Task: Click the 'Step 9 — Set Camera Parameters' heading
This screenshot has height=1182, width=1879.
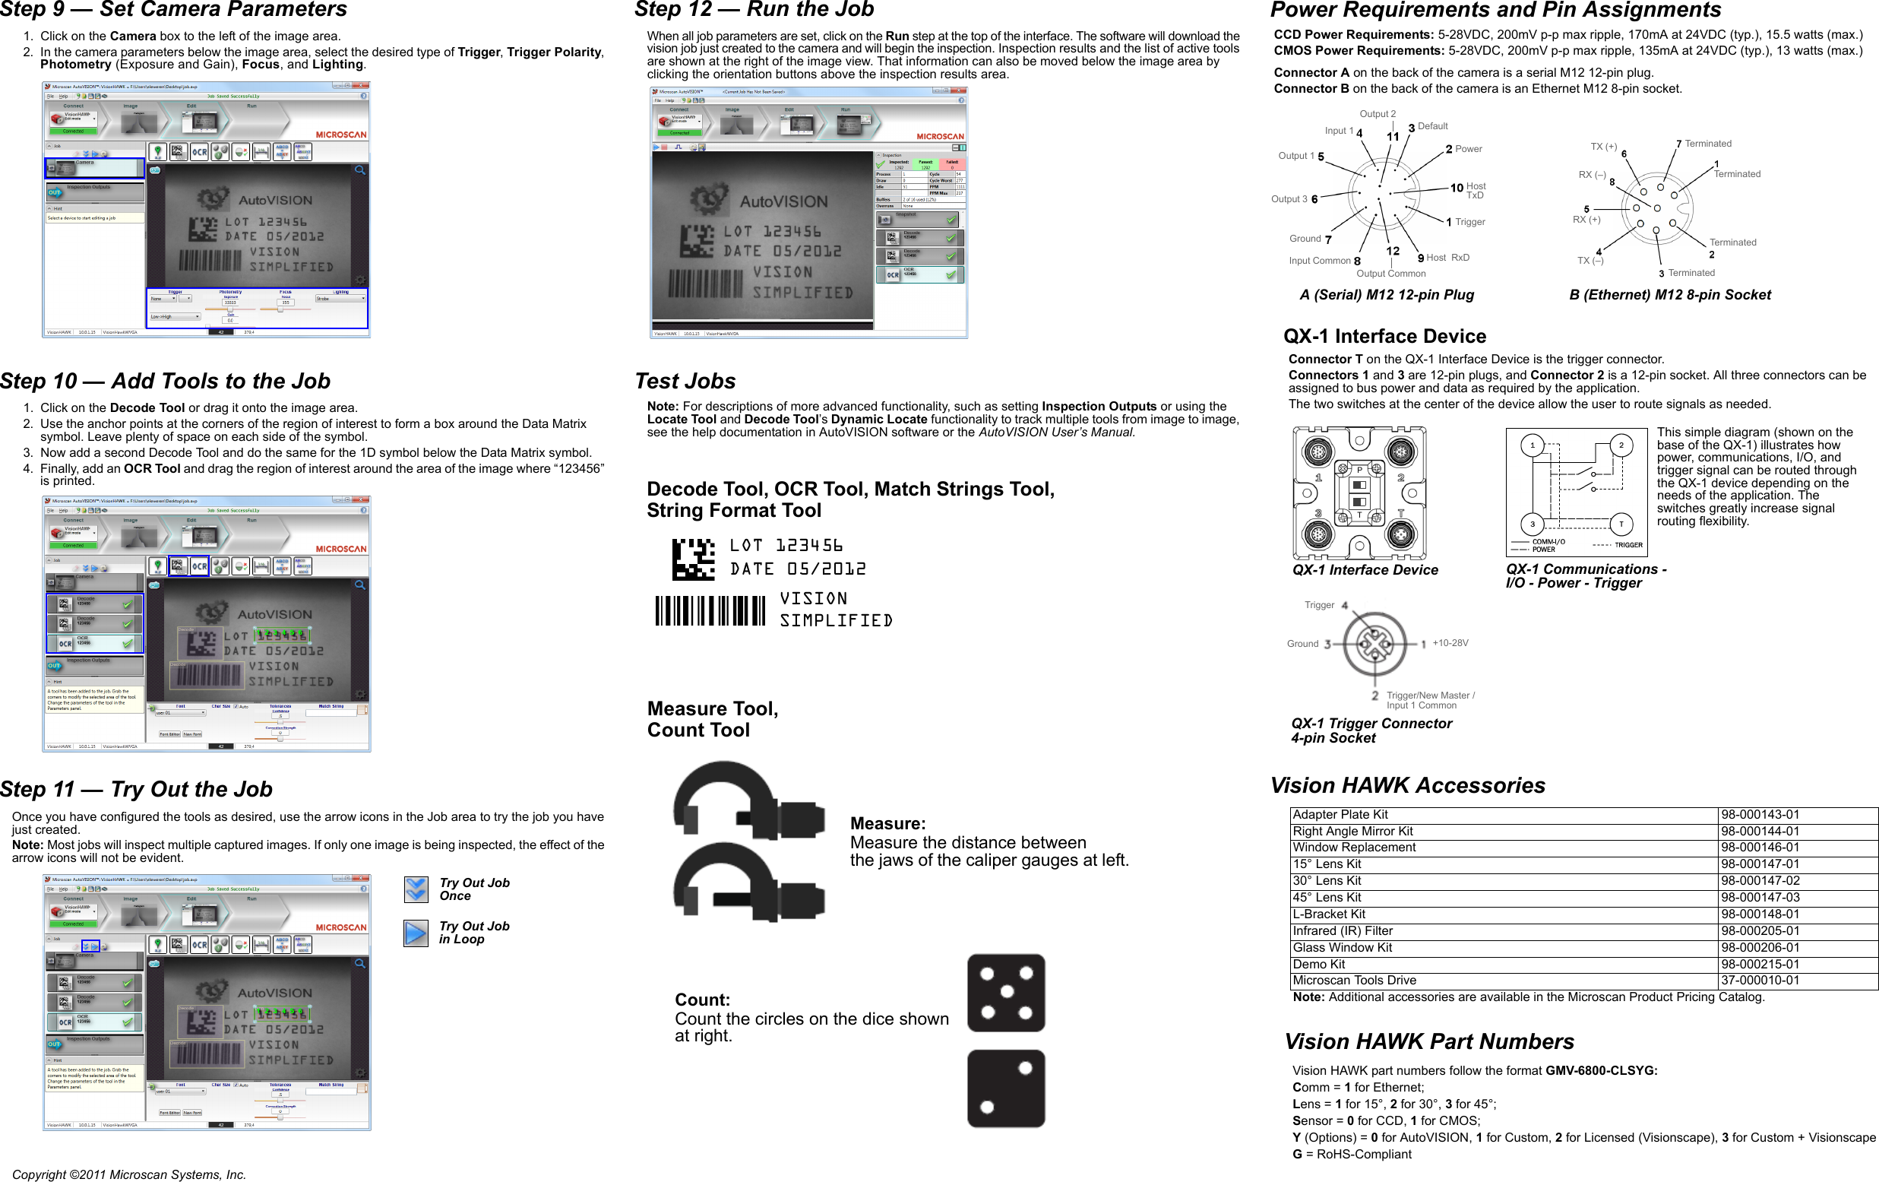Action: [x=173, y=9]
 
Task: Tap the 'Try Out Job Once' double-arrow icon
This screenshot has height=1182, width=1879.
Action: [x=416, y=889]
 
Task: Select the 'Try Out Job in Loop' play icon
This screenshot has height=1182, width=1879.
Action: [x=416, y=933]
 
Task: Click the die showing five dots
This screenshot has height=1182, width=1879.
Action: [x=1006, y=992]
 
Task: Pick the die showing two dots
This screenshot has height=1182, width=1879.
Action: [x=1006, y=1088]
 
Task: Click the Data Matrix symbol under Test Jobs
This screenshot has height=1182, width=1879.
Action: [x=693, y=559]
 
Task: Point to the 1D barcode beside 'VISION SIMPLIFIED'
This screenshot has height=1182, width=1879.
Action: [x=710, y=610]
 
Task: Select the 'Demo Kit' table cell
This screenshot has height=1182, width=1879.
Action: [x=1319, y=964]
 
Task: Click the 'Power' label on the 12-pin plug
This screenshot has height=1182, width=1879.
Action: [x=1468, y=149]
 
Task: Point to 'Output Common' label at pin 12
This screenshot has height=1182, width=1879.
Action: [x=1390, y=273]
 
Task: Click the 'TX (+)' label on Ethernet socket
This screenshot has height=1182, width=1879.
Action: [x=1603, y=147]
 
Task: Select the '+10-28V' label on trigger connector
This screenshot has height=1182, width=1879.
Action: [x=1450, y=643]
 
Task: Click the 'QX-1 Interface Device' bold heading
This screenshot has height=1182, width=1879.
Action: [x=1384, y=337]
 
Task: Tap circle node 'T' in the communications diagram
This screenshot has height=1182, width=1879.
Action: [x=1621, y=524]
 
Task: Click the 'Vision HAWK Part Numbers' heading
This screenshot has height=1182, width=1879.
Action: [x=1428, y=1041]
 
